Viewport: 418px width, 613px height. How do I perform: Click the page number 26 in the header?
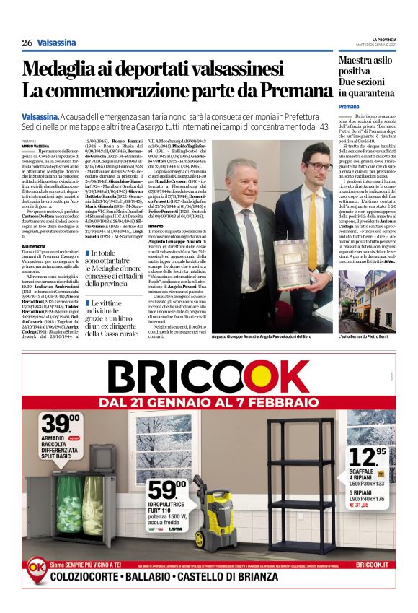click(27, 43)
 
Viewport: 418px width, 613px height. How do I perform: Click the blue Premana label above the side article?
click(349, 106)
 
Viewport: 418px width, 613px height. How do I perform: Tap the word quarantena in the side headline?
click(376, 93)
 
